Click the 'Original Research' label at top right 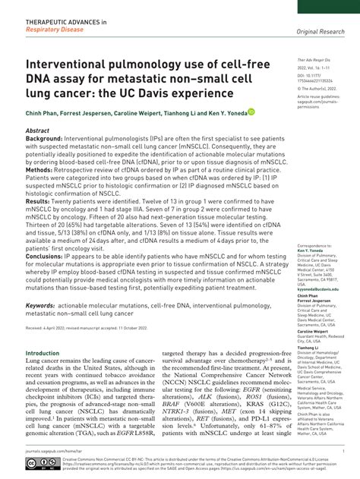[x=318, y=30]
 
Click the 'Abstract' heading [x=38, y=131]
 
